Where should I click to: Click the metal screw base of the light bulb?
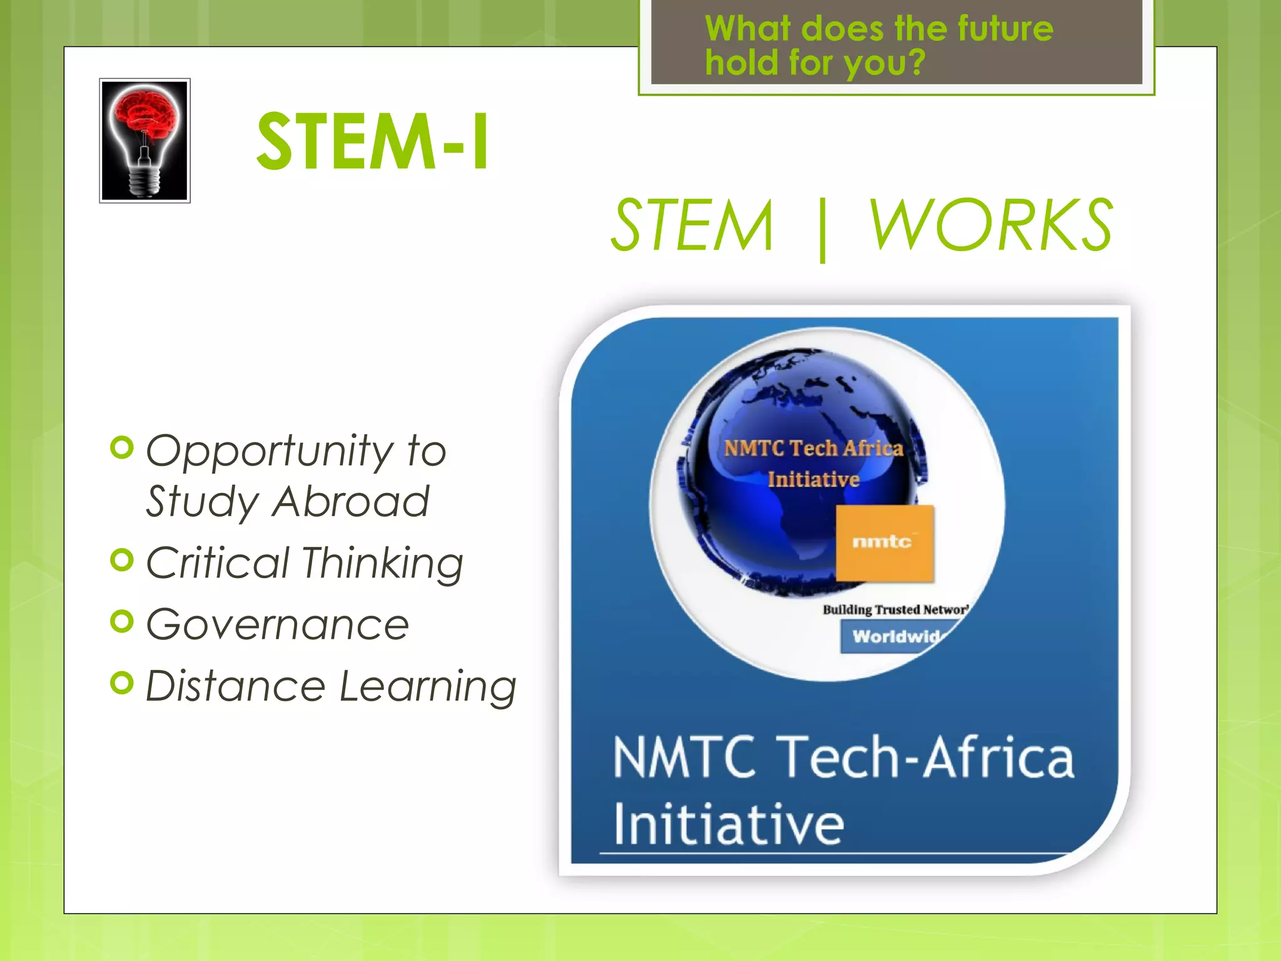(144, 181)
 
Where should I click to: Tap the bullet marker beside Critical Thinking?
(122, 559)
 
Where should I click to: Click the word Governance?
(278, 624)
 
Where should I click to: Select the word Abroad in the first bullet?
(351, 502)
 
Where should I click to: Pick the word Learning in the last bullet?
(428, 686)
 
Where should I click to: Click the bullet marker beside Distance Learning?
(122, 683)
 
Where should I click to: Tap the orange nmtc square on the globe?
(884, 543)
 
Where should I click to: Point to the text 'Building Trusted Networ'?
(894, 609)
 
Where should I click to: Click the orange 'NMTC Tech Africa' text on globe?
(813, 448)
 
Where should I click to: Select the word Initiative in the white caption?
(729, 824)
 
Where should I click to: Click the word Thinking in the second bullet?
(383, 562)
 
